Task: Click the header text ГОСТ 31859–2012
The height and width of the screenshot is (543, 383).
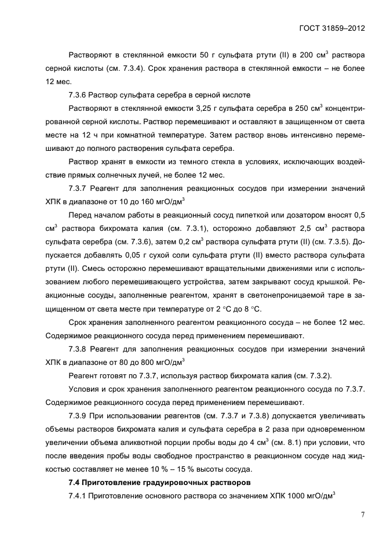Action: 332,27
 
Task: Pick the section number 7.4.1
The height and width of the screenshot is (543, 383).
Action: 79,496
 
